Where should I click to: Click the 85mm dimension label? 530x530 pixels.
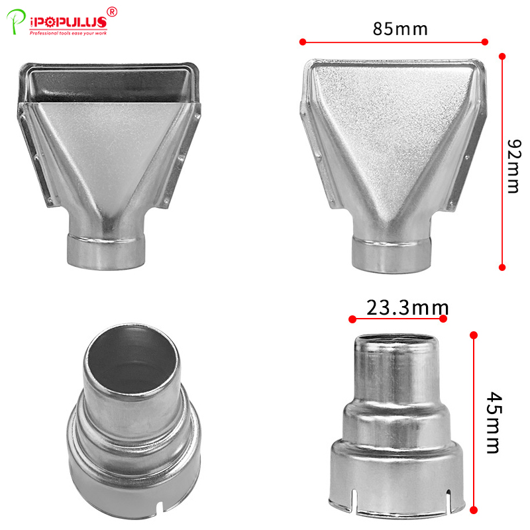point(400,29)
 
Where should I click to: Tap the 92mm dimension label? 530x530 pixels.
point(515,166)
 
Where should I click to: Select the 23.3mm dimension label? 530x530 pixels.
point(407,307)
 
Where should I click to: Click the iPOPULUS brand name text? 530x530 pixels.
point(68,23)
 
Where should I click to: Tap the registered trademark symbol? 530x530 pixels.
point(112,12)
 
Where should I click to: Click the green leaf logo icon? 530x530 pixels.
point(15,21)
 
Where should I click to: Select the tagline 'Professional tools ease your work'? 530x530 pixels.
point(68,33)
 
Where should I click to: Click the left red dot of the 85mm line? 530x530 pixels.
point(303,42)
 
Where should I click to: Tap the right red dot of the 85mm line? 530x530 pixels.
point(485,42)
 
